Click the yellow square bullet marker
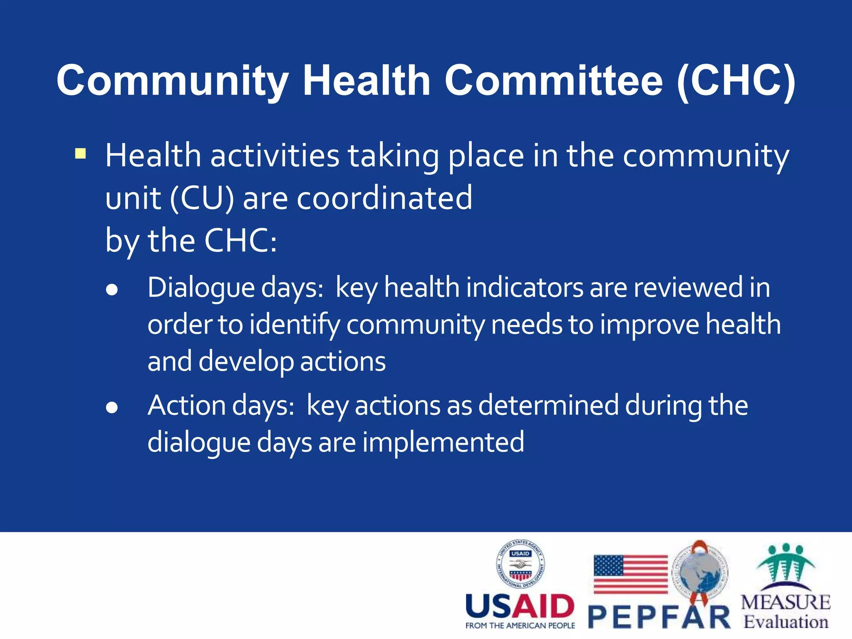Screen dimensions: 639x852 click(80, 154)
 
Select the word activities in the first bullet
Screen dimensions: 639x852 click(275, 156)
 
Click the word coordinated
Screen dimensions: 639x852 click(384, 198)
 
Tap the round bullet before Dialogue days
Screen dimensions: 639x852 click(111, 290)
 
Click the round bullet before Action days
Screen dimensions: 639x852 click(111, 408)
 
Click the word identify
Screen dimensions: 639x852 click(295, 325)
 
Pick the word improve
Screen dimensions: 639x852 click(649, 325)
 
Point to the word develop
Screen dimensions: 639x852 click(245, 362)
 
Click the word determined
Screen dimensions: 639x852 click(548, 405)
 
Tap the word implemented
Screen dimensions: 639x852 click(443, 442)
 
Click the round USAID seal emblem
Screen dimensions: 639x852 click(520, 564)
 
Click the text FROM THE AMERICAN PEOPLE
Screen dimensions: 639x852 click(520, 626)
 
